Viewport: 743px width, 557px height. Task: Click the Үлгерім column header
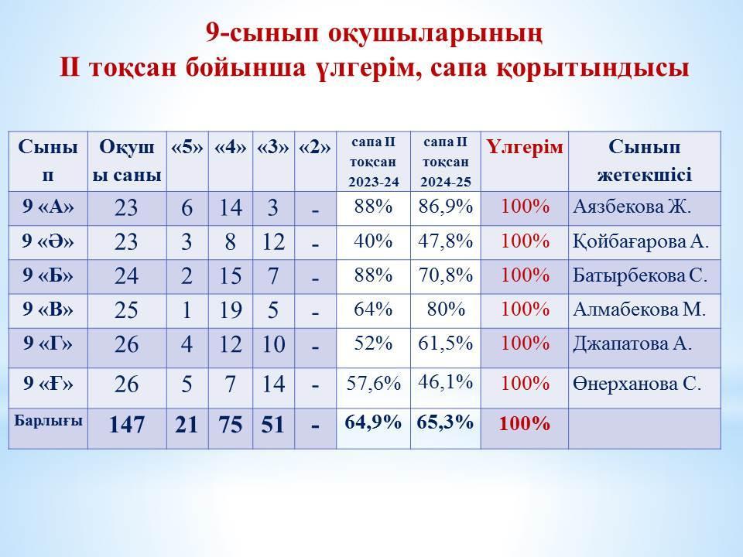tap(524, 147)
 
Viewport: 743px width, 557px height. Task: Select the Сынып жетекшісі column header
tap(645, 161)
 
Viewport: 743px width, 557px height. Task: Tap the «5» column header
tap(187, 148)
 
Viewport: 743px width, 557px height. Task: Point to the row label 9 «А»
tap(48, 207)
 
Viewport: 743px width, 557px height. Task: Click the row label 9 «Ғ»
tap(48, 383)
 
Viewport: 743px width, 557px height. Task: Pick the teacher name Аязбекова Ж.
tap(632, 207)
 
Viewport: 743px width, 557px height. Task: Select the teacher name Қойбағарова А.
tap(641, 242)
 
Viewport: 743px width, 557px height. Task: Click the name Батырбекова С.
tap(640, 275)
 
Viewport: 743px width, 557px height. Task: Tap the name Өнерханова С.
tap(636, 383)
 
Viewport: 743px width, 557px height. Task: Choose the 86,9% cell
tap(446, 207)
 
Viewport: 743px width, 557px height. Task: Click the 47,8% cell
tap(446, 241)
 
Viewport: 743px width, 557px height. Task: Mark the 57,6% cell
tap(373, 383)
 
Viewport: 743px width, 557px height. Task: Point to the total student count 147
tap(126, 425)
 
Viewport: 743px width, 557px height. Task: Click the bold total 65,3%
tap(445, 422)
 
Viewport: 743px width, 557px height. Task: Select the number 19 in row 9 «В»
tap(231, 310)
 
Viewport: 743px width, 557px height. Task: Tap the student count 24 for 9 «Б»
tap(126, 275)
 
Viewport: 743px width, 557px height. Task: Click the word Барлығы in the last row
tap(48, 421)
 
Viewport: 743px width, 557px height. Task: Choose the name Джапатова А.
tap(632, 343)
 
